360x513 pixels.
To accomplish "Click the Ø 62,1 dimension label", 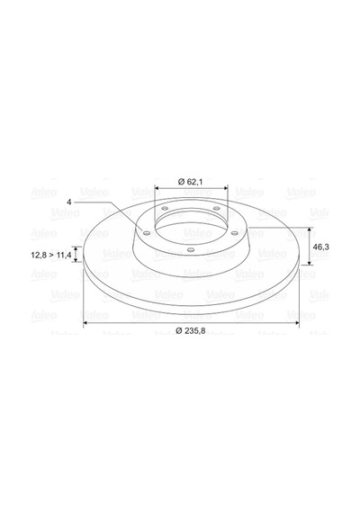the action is (190, 182).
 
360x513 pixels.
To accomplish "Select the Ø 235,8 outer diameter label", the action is (191, 330).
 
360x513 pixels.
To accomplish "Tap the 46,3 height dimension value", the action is (320, 247).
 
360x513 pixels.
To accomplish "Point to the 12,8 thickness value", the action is (39, 256).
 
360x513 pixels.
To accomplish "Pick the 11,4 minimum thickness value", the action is (64, 256).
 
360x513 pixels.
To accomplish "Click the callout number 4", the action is (68, 202).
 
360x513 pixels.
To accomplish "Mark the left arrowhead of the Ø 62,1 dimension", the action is (157, 188).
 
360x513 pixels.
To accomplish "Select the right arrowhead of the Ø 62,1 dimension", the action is (225, 188).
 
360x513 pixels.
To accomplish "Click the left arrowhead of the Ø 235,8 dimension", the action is (85, 323).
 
